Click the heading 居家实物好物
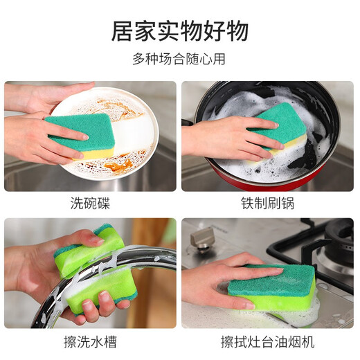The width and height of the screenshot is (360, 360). point(179,31)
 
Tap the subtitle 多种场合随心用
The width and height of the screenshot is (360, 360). point(179,60)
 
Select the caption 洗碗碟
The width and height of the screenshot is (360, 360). point(90,204)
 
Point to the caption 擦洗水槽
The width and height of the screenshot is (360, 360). point(90,342)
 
